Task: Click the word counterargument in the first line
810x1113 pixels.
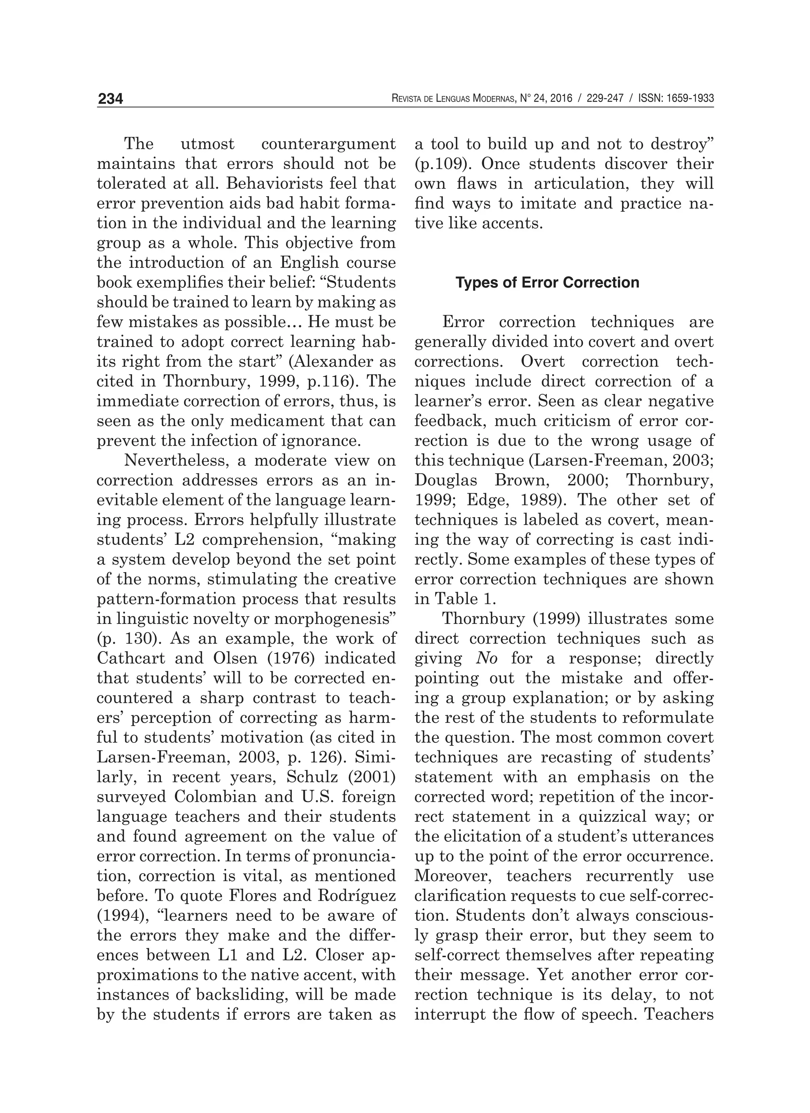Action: click(328, 144)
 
